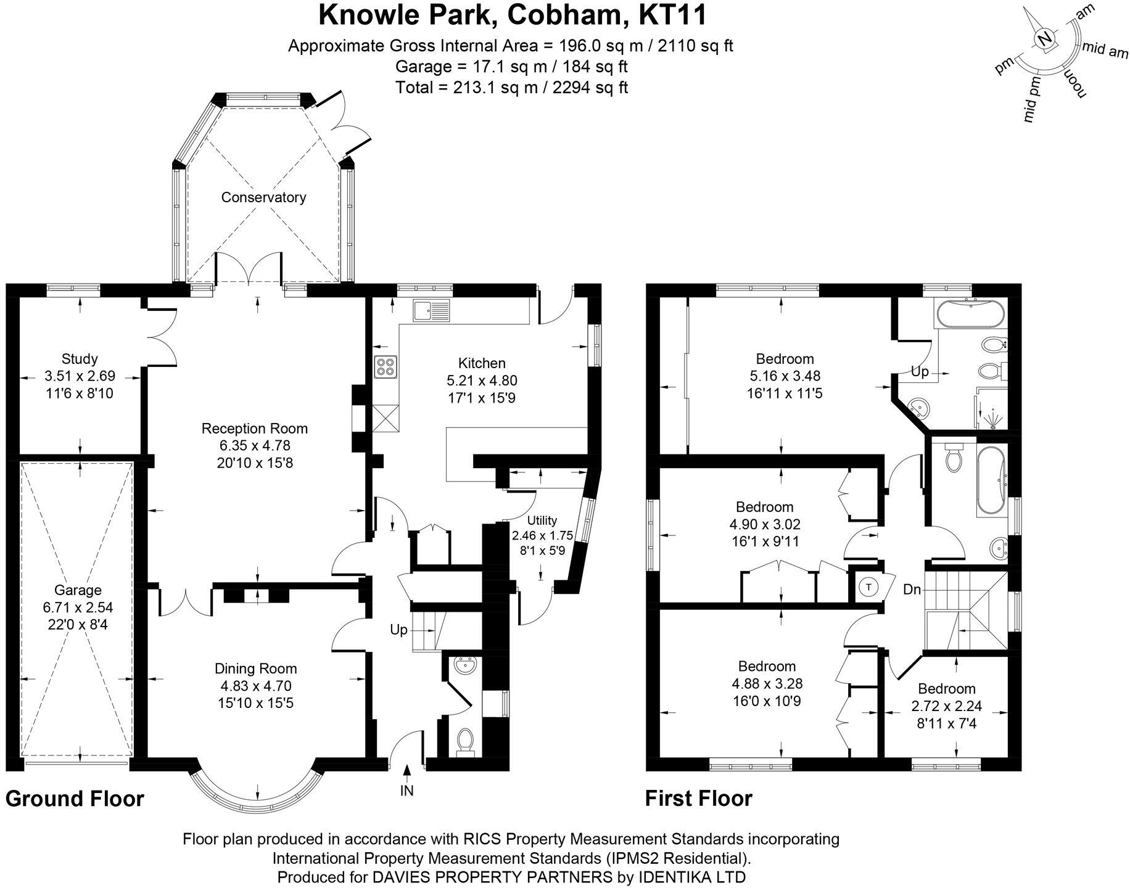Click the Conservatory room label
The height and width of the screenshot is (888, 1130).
click(x=263, y=197)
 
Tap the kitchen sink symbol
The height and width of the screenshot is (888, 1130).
click(x=432, y=311)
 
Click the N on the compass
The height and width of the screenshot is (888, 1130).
click(x=1044, y=39)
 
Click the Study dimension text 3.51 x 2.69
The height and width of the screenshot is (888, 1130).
click(x=80, y=376)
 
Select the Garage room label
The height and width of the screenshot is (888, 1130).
click(x=78, y=590)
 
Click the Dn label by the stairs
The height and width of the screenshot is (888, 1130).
click(x=912, y=590)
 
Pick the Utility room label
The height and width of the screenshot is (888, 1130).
click(x=542, y=520)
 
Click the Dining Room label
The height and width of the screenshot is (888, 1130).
click(x=255, y=668)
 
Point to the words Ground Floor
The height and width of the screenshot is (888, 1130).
click(x=75, y=799)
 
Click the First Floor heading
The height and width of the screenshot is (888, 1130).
click(x=698, y=799)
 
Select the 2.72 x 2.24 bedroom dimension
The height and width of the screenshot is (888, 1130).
click(x=946, y=706)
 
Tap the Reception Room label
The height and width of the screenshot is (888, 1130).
click(x=254, y=429)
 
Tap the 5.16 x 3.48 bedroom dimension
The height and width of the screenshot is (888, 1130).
click(x=785, y=376)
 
